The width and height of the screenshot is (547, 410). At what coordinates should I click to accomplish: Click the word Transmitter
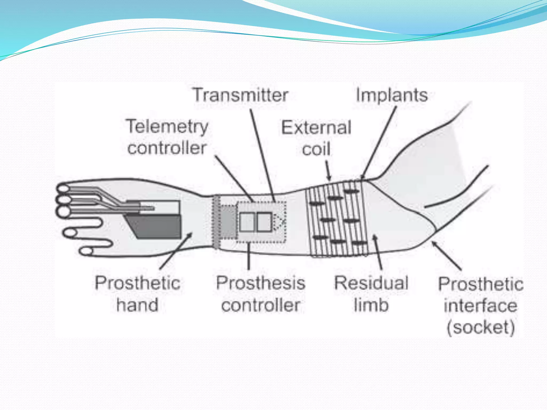coord(240,95)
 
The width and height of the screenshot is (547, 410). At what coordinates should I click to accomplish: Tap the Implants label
coord(392,95)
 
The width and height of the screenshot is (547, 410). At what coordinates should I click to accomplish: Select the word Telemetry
coord(167,127)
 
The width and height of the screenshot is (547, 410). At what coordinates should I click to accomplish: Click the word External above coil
coord(316,128)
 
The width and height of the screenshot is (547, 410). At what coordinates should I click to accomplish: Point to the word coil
coord(316,149)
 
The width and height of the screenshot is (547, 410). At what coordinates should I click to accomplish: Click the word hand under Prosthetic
coord(137,305)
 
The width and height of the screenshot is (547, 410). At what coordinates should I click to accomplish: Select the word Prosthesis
coord(260,283)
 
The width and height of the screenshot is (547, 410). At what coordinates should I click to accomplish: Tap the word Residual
coord(371,283)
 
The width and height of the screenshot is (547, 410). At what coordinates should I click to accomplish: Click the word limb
coord(371,305)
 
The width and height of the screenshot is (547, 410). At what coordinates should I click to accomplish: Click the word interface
coord(480,306)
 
